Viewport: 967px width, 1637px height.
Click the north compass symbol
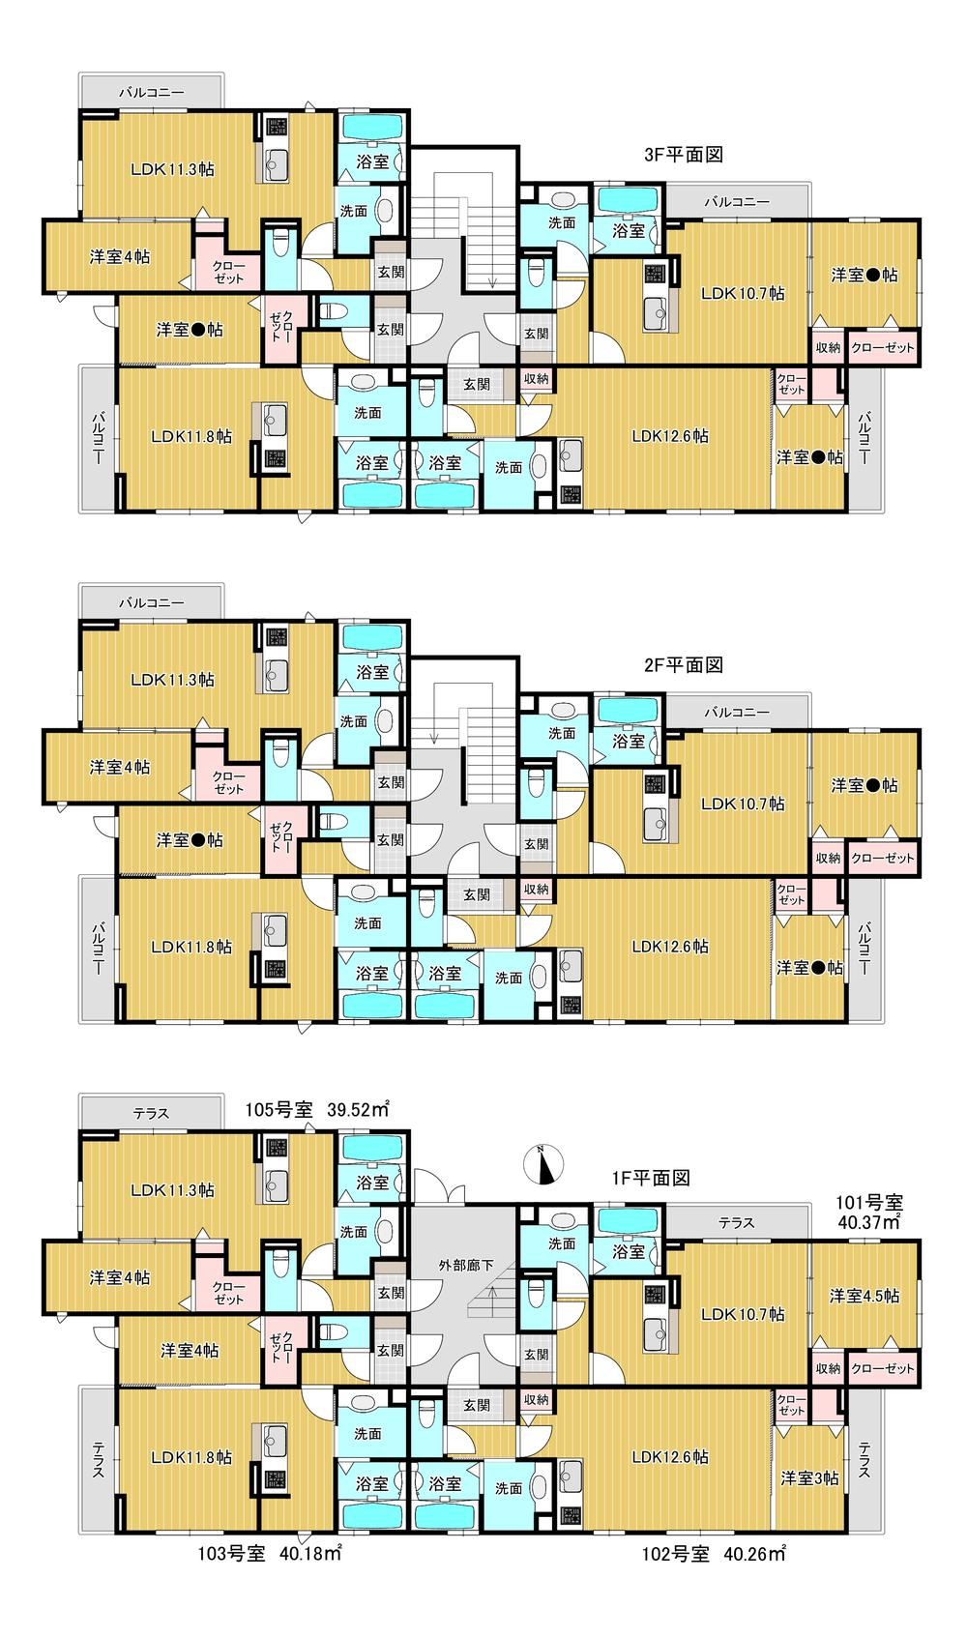(x=543, y=1163)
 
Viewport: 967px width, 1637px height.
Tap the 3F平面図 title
(x=684, y=155)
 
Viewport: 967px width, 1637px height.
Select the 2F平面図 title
(x=684, y=665)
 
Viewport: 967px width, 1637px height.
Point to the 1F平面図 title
(x=651, y=1178)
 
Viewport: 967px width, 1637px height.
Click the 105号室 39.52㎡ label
(x=316, y=1109)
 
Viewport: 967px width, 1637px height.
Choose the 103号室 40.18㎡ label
(x=270, y=1553)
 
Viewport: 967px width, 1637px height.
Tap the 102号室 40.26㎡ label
(x=714, y=1553)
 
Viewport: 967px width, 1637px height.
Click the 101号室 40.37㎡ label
(x=869, y=1212)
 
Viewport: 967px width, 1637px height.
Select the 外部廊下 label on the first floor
(x=465, y=1265)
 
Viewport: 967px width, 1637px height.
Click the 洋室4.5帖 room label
(x=864, y=1296)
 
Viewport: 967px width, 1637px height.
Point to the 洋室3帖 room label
(x=809, y=1477)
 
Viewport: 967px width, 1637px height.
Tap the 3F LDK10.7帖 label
(x=743, y=293)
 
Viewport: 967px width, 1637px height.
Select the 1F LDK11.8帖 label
(x=191, y=1456)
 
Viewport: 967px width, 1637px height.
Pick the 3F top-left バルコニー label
(x=151, y=93)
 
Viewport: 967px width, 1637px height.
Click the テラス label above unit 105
(x=151, y=1113)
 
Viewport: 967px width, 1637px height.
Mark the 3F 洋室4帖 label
(x=120, y=256)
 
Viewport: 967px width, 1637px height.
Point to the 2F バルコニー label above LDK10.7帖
(x=737, y=712)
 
